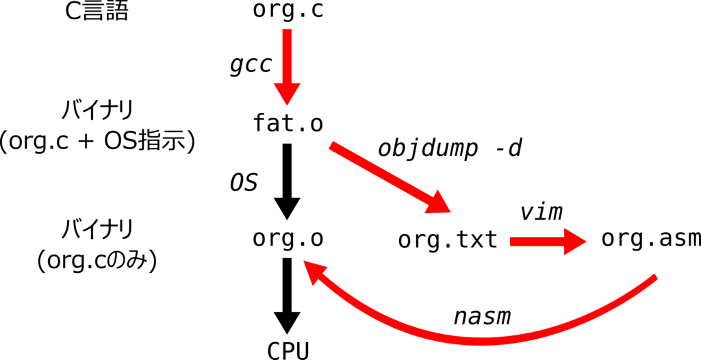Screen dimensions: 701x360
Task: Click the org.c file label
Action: tap(288, 10)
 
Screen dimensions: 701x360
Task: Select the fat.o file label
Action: tap(288, 123)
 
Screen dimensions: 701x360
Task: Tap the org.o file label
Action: tap(288, 238)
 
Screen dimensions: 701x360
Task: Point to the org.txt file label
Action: tap(448, 240)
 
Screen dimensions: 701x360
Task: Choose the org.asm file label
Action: tap(651, 238)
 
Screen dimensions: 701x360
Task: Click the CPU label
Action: tap(288, 350)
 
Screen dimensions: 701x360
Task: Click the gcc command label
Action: tap(251, 66)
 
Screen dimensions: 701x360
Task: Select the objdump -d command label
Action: tap(450, 149)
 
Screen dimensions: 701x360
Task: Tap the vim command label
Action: tap(541, 212)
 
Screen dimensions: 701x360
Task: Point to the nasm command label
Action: tap(482, 317)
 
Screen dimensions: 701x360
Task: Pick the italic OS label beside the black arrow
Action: tap(244, 183)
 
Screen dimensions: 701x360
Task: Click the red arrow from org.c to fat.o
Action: tap(287, 67)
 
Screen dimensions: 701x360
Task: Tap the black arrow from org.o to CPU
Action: tap(287, 295)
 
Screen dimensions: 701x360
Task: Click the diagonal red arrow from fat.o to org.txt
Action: tap(390, 178)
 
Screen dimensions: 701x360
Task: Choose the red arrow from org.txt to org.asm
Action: tap(548, 242)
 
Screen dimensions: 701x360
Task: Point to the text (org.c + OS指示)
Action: tap(97, 143)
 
